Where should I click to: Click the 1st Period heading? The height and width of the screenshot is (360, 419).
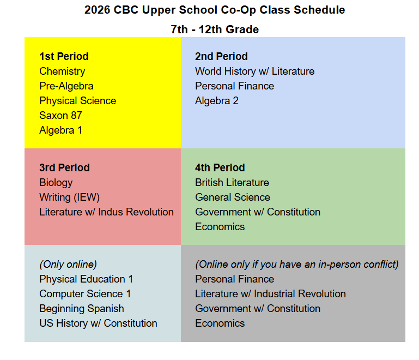coord(64,56)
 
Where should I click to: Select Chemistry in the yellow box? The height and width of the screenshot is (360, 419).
coord(62,71)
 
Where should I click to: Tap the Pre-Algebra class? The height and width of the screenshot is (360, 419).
coord(66,86)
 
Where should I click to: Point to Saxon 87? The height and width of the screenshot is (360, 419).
coord(60,116)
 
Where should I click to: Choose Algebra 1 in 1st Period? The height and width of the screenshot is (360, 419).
coord(60,130)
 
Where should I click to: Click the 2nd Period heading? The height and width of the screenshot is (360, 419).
coord(221,56)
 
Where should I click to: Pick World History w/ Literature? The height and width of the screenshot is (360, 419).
coord(254,71)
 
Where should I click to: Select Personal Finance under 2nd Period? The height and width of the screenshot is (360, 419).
coord(235,86)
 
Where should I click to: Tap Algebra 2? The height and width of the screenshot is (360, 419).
coord(217,101)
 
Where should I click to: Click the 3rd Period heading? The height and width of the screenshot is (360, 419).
coord(64,167)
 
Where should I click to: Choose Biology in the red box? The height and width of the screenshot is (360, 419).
coord(56,183)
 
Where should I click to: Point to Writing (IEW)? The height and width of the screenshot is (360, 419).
coord(70,197)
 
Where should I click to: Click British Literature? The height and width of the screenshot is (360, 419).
coord(232,183)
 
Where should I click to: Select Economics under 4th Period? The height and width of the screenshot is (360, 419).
coord(220,227)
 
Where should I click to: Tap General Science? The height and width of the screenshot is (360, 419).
coord(233,197)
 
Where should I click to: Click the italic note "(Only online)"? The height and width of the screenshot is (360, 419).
coord(68,265)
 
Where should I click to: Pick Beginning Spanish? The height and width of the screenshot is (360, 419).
coord(82,309)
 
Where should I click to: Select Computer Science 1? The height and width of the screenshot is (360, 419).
coord(85,294)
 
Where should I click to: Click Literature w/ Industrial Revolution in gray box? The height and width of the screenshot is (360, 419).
coord(270,294)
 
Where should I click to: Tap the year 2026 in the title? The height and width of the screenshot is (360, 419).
coord(98,10)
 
